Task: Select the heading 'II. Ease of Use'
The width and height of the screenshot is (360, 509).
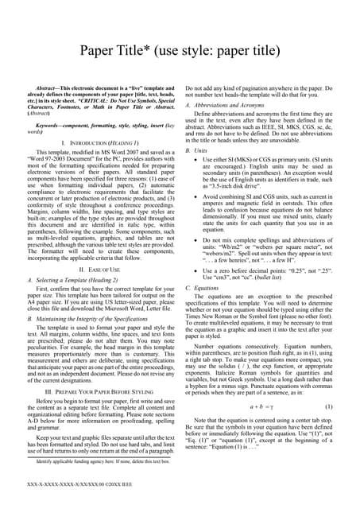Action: (99, 270)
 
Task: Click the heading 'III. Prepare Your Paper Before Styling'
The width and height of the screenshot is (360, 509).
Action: (99, 391)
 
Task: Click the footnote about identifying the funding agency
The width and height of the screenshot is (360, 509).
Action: (93, 460)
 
